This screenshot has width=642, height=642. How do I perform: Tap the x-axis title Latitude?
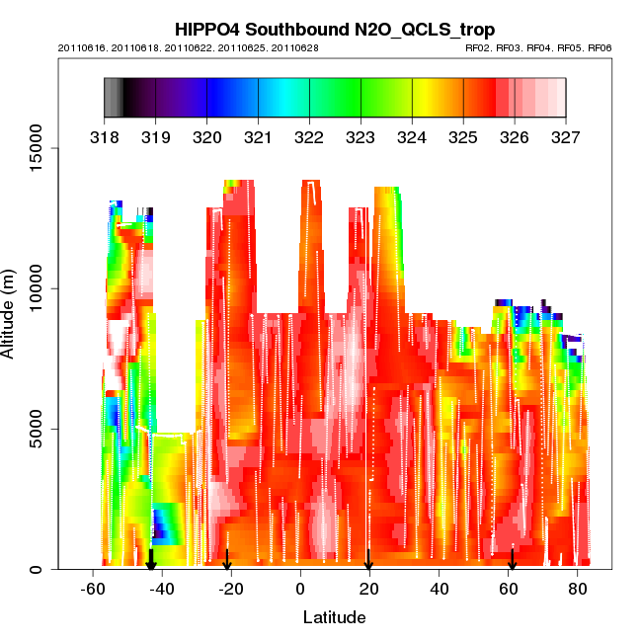pos(334,617)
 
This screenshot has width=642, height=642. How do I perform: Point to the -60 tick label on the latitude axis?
pos(93,588)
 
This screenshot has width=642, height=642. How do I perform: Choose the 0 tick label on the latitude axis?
pos(299,588)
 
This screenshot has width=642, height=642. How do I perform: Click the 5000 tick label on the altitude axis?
pos(40,429)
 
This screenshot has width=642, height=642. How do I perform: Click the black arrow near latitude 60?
pos(512,559)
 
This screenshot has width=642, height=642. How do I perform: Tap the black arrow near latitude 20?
pos(368,559)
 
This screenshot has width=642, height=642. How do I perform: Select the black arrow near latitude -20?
pos(227,560)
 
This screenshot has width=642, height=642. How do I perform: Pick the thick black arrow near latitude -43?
pos(151,559)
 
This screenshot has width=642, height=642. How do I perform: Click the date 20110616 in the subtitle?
pos(77,47)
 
